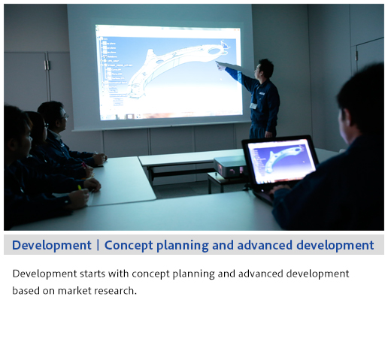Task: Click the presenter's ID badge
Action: (253, 106)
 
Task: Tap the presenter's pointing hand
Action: (220, 66)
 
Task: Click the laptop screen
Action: (281, 160)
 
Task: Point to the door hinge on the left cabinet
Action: (47, 65)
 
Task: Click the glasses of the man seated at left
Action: (65, 116)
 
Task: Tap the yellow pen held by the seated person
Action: (80, 187)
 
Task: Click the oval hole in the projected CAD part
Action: (214, 51)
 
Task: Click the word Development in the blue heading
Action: (52, 245)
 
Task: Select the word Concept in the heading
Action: (129, 245)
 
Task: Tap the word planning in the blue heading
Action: (183, 246)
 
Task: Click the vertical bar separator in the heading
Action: (98, 245)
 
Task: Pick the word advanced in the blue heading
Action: (265, 245)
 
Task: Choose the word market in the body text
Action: (74, 291)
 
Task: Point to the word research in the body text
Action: (114, 291)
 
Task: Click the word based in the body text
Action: (26, 291)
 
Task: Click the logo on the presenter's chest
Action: (262, 93)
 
